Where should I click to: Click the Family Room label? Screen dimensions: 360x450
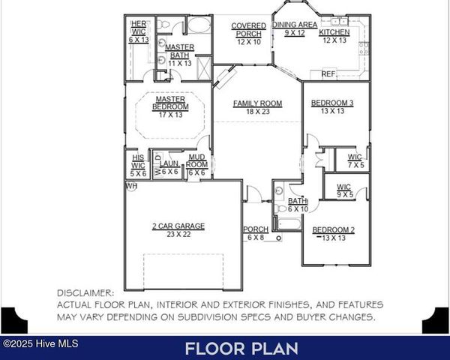tap(256, 103)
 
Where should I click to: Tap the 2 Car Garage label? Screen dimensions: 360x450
tap(179, 226)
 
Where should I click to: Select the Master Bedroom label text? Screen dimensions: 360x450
tap(170, 103)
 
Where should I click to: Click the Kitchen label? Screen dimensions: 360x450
tap(334, 33)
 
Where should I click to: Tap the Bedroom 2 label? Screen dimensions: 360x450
tap(334, 229)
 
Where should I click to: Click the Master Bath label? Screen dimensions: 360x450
tap(180, 47)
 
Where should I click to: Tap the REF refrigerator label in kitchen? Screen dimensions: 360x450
tap(328, 74)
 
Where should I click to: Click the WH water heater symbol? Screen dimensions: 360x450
tap(131, 185)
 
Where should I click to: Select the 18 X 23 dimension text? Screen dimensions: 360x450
tap(256, 112)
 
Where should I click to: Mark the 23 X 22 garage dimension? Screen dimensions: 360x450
tap(179, 235)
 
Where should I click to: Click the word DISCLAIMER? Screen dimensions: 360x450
tap(85, 293)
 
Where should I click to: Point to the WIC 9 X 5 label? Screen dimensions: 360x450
tap(344, 190)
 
